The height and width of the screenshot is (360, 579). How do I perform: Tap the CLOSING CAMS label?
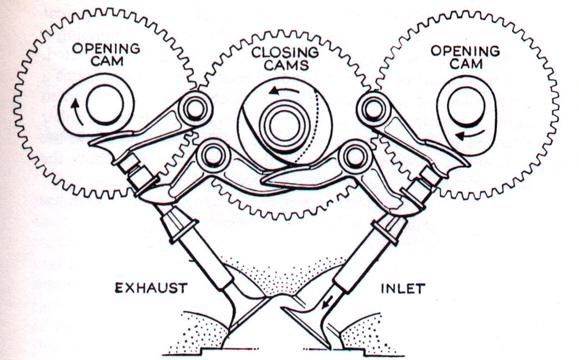(285, 58)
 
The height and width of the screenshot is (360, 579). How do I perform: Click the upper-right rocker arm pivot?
(371, 107)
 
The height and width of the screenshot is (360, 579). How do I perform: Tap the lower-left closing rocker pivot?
(212, 155)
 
